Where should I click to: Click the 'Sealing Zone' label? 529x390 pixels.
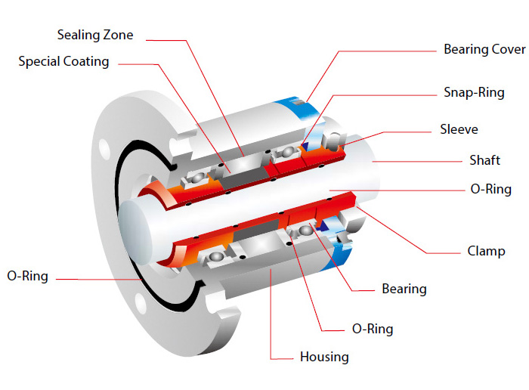coord(95,35)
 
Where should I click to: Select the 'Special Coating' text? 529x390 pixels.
coord(63,61)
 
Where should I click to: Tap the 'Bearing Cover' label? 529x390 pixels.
coord(484,50)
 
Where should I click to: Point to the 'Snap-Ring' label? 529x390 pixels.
coord(473,93)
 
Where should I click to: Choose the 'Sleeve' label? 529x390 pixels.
coord(459,129)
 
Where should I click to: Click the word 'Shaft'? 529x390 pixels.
coord(484,160)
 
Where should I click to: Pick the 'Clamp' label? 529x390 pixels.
coord(486,251)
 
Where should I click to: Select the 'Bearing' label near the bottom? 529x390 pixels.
coord(404,289)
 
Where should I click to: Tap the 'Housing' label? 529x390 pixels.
coord(324,356)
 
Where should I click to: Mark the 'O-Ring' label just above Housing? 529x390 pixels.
coord(372,329)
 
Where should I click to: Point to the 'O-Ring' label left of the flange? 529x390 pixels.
coord(27,276)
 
